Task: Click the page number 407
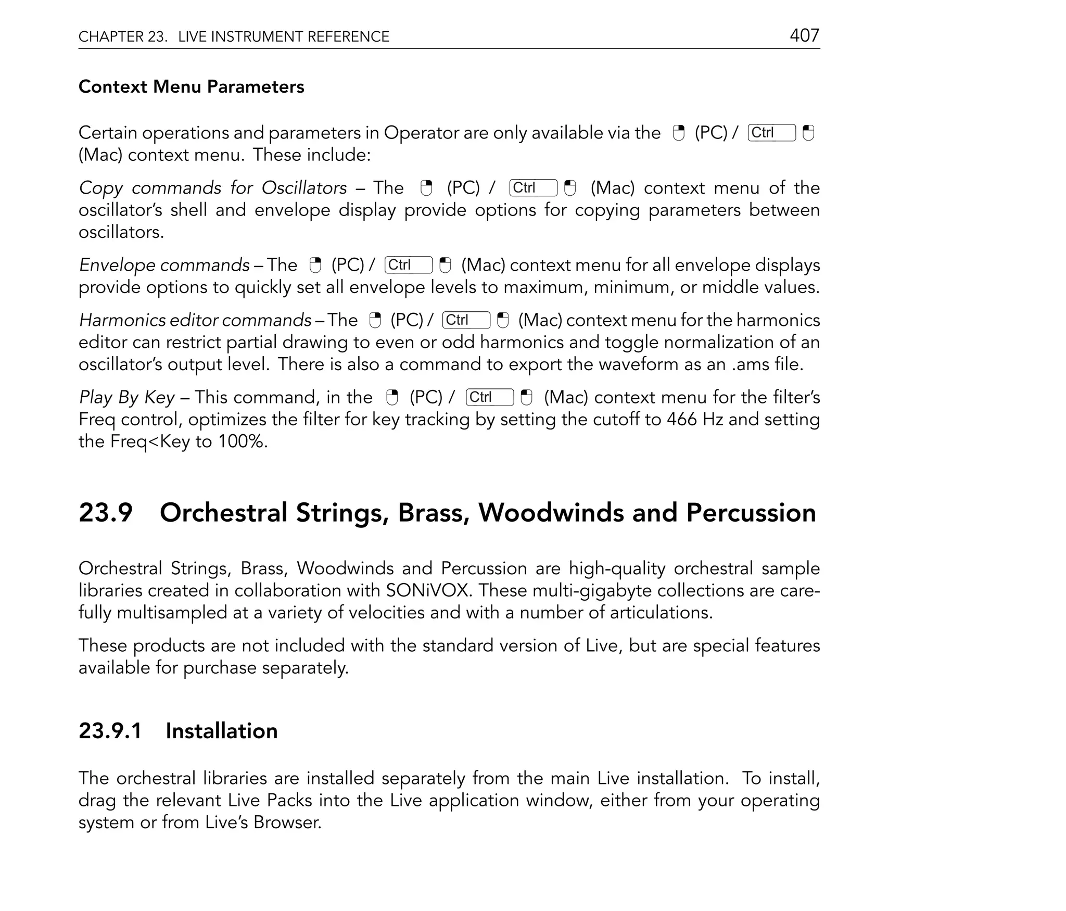pos(804,35)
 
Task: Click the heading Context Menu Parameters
pos(191,86)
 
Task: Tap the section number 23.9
pos(106,513)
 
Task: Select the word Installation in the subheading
pos(221,731)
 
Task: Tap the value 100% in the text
pos(242,442)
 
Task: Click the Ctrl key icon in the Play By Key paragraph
pos(489,397)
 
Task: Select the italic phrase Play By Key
pos(126,398)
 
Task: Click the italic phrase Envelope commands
pos(164,265)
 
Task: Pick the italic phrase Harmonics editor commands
pos(195,320)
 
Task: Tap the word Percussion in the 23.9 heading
pos(751,513)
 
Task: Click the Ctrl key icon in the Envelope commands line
pos(408,265)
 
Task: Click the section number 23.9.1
pos(110,731)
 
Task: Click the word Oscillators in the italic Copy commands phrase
pos(304,188)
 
